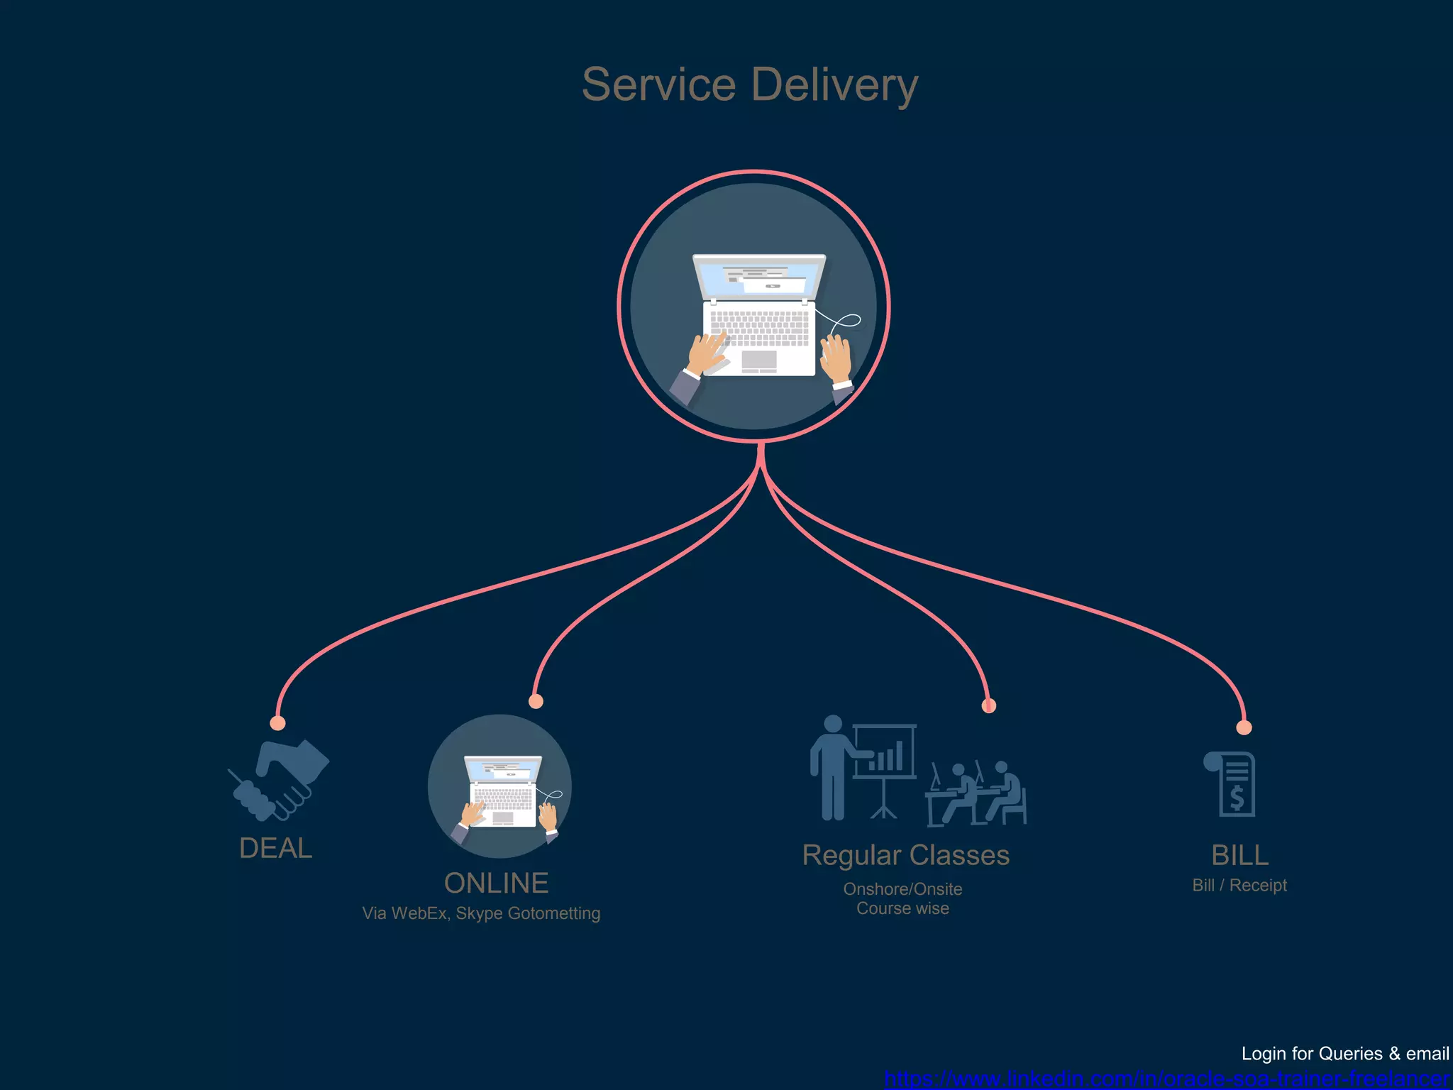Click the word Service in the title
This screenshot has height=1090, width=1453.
(658, 85)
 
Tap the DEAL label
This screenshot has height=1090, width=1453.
(276, 848)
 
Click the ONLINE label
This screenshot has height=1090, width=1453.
(496, 883)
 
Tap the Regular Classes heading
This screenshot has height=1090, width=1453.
(905, 855)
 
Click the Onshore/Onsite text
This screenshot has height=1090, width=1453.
(902, 889)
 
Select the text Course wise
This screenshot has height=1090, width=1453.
(902, 908)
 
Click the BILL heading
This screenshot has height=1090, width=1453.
(1239, 855)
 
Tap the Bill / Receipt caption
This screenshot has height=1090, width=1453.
(1239, 885)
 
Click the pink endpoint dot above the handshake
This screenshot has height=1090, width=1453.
(278, 723)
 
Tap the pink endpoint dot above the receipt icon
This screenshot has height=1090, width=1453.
(1244, 727)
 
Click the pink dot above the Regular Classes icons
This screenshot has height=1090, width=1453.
(988, 705)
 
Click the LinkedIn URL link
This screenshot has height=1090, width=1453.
(1167, 1079)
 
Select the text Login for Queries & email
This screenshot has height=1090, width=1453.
(1344, 1054)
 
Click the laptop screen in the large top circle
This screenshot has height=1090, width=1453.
(759, 278)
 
